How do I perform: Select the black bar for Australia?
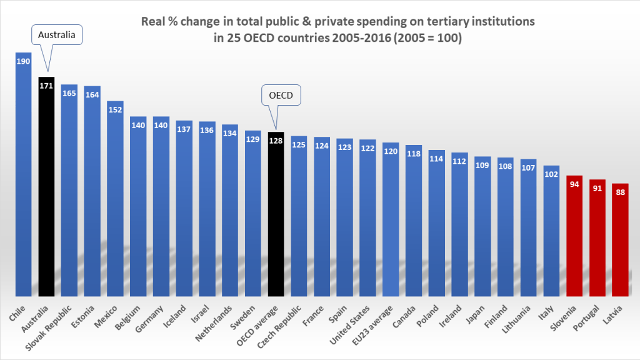click(46, 187)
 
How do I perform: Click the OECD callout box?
click(281, 95)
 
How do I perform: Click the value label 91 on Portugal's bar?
click(597, 187)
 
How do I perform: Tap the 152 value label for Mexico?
click(115, 109)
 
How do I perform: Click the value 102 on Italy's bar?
click(551, 173)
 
